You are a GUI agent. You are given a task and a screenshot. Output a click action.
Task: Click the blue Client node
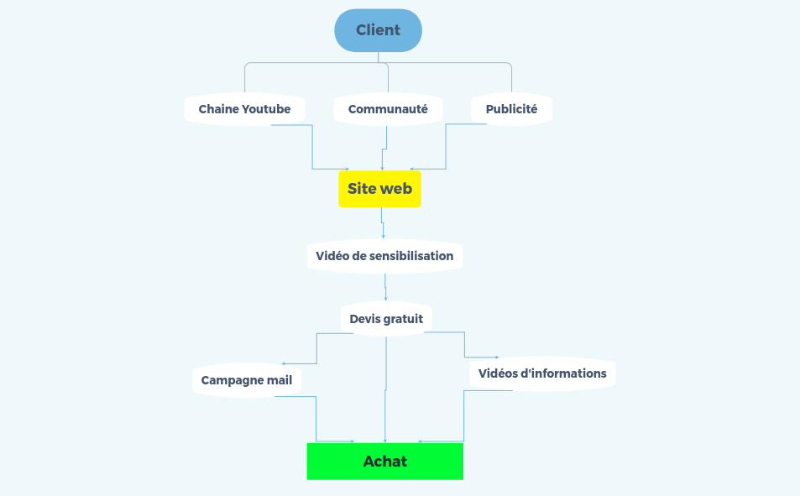378,30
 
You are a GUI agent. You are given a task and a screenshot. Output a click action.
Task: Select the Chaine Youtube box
244,109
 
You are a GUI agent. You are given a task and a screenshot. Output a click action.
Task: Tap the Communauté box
388,109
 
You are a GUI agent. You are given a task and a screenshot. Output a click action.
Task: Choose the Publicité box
511,109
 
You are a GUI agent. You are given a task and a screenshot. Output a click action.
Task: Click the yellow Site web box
379,189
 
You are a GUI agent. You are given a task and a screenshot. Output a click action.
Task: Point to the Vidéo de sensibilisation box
384,256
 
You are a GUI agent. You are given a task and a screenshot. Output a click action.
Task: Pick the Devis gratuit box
386,319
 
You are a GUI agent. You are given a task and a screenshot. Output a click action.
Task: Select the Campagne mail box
247,380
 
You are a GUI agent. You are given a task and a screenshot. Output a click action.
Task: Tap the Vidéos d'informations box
542,373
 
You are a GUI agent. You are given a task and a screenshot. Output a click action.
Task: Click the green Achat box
385,462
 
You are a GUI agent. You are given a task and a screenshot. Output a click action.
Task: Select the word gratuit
403,319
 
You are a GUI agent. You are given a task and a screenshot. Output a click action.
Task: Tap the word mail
280,380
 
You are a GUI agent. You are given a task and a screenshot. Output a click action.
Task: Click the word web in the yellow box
397,189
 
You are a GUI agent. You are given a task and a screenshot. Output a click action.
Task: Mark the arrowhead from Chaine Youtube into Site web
348,169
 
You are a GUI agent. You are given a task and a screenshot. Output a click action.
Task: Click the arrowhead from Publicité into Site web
411,169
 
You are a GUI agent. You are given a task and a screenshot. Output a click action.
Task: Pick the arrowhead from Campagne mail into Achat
353,441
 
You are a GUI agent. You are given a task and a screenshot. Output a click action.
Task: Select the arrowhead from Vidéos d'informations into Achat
420,441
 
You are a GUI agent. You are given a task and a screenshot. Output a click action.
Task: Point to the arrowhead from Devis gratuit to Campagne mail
283,363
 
